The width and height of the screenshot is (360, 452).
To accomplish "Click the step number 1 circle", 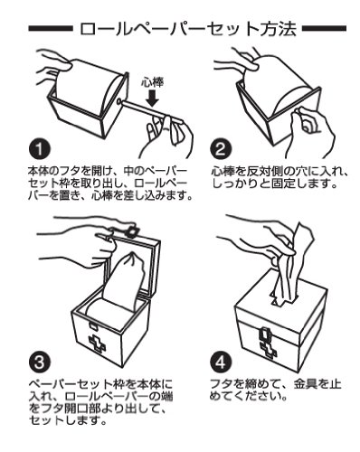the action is [x=40, y=149].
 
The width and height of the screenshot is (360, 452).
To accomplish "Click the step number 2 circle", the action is [x=221, y=149].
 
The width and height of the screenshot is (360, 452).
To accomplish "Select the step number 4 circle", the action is [x=221, y=363].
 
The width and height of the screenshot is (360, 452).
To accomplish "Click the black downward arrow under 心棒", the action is [x=153, y=99].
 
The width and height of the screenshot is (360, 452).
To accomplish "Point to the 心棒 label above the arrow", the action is [x=153, y=82].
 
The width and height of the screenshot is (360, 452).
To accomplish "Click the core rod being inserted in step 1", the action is [x=151, y=111].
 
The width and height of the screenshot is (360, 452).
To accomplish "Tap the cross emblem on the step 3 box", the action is [x=97, y=344].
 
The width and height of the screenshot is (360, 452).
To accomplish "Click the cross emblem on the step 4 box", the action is [x=269, y=350].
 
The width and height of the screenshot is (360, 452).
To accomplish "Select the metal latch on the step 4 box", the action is [x=264, y=334].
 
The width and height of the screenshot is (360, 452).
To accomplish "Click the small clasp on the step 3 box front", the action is [x=92, y=326].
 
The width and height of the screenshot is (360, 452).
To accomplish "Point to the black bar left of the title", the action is [x=51, y=29].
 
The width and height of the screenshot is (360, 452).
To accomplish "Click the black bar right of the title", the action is [x=324, y=29].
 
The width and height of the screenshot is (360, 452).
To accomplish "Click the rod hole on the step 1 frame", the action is [x=118, y=101].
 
